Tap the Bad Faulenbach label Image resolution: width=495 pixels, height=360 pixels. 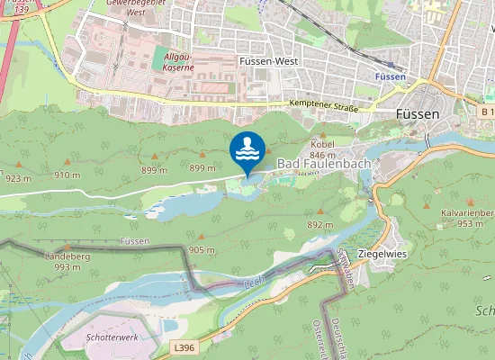coord(316,163)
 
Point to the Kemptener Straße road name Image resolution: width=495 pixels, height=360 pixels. coord(324,106)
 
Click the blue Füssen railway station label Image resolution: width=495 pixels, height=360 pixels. coord(390,77)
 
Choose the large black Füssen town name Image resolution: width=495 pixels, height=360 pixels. coord(418,114)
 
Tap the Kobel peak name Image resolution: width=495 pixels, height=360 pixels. coord(322,143)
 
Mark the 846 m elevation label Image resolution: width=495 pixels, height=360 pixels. coord(322,154)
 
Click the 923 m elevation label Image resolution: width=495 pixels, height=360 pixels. coord(18,177)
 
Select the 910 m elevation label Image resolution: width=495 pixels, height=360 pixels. coord(67,175)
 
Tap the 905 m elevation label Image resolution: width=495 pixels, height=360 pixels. coord(202,249)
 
